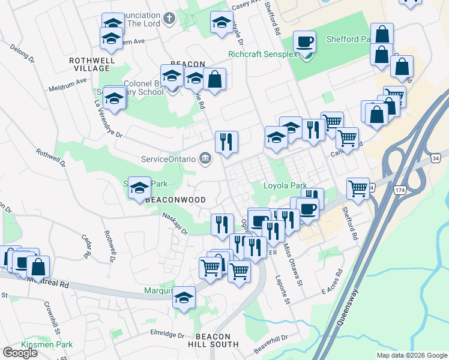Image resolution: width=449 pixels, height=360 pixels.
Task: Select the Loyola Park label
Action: (x=286, y=186)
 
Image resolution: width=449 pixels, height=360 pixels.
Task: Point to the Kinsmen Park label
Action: (x=47, y=345)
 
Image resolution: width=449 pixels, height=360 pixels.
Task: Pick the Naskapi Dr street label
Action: (x=174, y=224)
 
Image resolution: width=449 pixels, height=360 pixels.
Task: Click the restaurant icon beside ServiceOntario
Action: (x=226, y=142)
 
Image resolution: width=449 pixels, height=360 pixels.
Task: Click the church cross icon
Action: (x=169, y=18)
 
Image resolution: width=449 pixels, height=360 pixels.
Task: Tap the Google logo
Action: (x=20, y=353)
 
